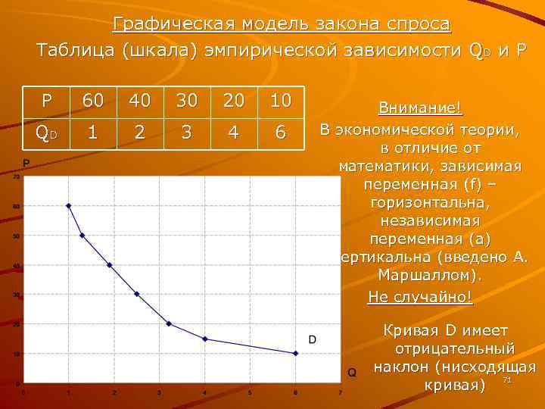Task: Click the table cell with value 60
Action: tap(94, 101)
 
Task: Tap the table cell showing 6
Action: tap(280, 133)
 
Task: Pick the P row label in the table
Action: tap(48, 101)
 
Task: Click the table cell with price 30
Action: tap(186, 101)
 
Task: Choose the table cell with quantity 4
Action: tap(233, 133)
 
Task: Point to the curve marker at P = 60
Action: tap(68, 205)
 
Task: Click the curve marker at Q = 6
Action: tap(295, 353)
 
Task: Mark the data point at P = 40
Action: tap(110, 265)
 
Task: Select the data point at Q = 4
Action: tap(205, 339)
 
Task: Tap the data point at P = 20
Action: tap(169, 323)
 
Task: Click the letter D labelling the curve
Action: tap(312, 339)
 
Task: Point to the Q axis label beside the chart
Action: tap(352, 372)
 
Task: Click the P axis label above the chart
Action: tap(26, 164)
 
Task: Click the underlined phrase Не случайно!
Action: tap(420, 296)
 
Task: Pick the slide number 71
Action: tap(508, 379)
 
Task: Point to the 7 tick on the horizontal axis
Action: tap(341, 392)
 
